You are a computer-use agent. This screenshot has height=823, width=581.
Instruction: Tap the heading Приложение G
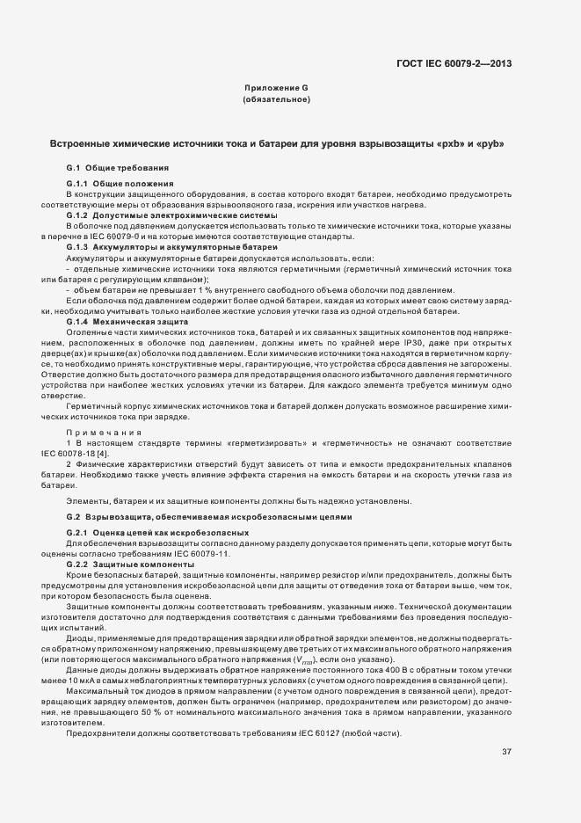point(276,89)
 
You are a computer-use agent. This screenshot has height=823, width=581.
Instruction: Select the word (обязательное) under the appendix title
point(276,99)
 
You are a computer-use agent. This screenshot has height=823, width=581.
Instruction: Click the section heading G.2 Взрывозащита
point(208,517)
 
